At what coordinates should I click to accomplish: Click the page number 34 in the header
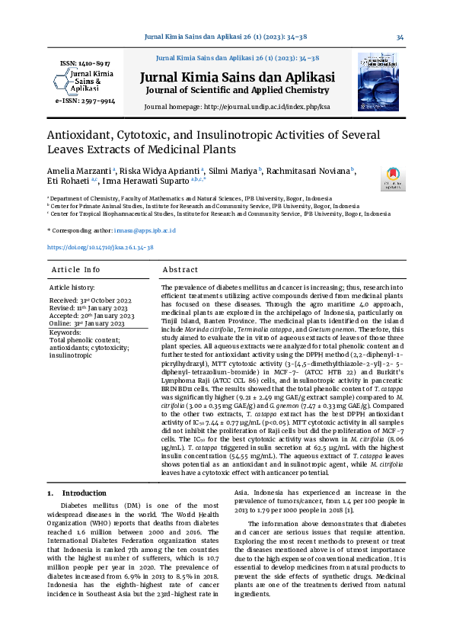tap(400, 37)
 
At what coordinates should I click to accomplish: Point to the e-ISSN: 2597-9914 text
tap(85, 101)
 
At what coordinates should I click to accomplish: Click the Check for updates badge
tap(394, 179)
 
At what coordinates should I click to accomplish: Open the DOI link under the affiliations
tap(100, 248)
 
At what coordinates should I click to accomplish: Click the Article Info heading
tap(75, 270)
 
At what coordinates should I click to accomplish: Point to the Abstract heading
tap(180, 270)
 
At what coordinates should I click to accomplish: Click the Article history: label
tap(72, 287)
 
